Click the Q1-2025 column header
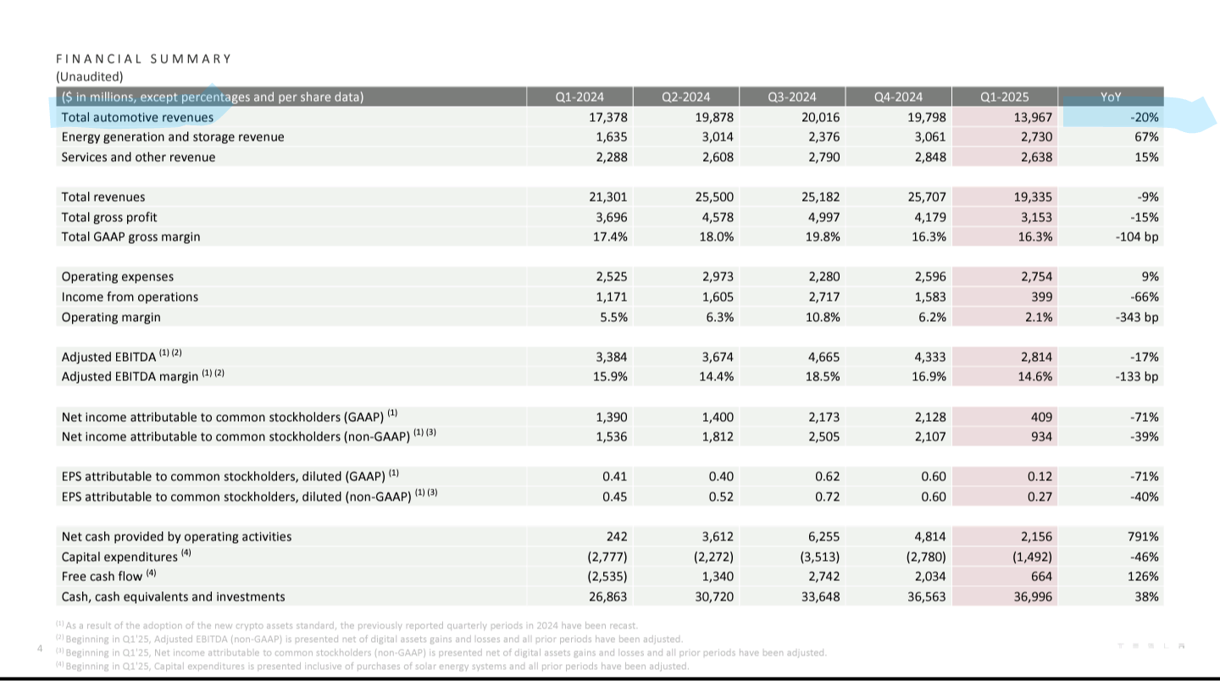1004,97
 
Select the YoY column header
1111,97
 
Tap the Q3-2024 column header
792,97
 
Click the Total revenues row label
103,197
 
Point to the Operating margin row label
111,318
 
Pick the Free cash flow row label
102,577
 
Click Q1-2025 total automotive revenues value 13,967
1033,118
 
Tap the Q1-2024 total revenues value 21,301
607,197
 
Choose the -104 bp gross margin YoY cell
1137,237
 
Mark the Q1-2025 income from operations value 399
1040,297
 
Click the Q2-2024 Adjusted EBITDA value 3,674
718,357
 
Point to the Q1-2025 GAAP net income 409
1040,418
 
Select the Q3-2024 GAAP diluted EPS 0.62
827,477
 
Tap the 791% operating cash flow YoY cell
1143,537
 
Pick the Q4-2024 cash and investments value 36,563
927,597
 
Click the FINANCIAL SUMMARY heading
144,58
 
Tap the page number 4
40,648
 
